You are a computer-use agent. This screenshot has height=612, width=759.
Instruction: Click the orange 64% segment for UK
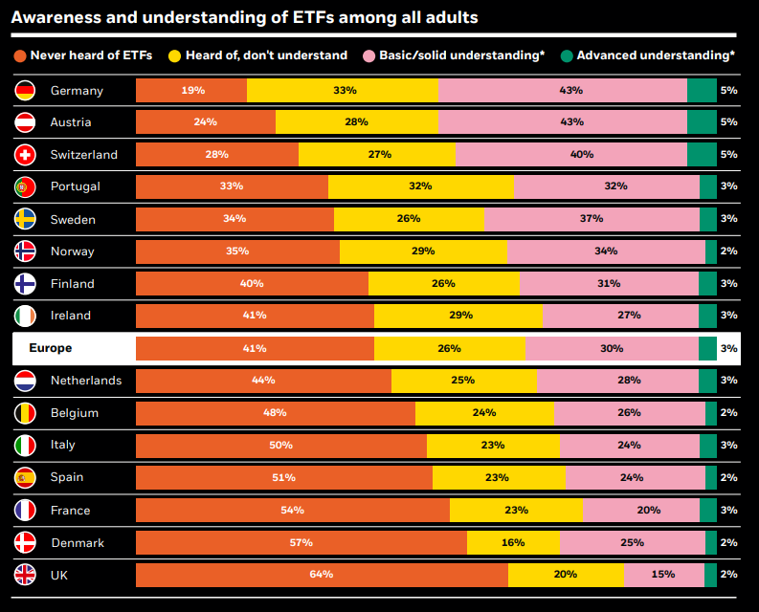[322, 575]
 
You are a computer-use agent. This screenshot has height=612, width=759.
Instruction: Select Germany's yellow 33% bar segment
[343, 91]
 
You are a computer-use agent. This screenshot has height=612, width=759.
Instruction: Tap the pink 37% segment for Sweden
[592, 219]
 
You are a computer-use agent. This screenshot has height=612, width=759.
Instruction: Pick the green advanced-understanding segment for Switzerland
[702, 155]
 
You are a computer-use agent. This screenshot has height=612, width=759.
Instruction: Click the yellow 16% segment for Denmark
[513, 542]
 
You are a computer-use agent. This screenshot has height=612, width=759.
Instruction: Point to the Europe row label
[51, 348]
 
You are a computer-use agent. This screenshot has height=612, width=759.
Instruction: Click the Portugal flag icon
[26, 187]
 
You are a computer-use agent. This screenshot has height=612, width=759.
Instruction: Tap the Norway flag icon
[26, 251]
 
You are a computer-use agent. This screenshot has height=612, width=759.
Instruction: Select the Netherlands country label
[86, 381]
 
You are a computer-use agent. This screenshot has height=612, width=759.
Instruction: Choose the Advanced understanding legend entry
[655, 55]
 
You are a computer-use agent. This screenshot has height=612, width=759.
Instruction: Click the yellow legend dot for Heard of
[173, 55]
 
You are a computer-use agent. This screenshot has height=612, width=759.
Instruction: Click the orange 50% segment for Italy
[280, 446]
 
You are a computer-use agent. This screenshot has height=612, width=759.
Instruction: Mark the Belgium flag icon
[26, 413]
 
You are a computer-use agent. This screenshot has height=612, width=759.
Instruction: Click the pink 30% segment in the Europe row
[612, 349]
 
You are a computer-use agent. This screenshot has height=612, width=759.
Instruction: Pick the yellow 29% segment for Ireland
[458, 316]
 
